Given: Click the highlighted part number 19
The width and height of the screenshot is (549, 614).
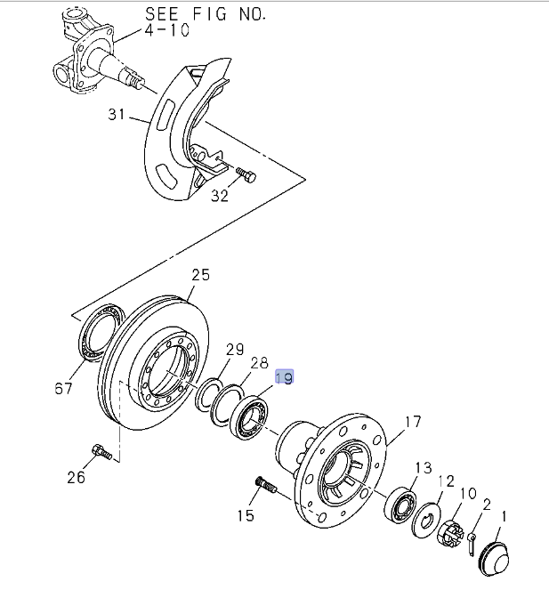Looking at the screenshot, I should [284, 377].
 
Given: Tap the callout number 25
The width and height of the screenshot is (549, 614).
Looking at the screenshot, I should [201, 275].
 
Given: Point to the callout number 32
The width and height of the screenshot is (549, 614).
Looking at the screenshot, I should [220, 195].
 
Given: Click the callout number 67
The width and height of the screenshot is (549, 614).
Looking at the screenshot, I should [62, 388].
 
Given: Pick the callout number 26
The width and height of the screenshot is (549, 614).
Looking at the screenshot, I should [77, 477].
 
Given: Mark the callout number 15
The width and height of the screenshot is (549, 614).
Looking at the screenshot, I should [246, 514].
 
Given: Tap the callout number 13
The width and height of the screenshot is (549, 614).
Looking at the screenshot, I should [423, 468].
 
